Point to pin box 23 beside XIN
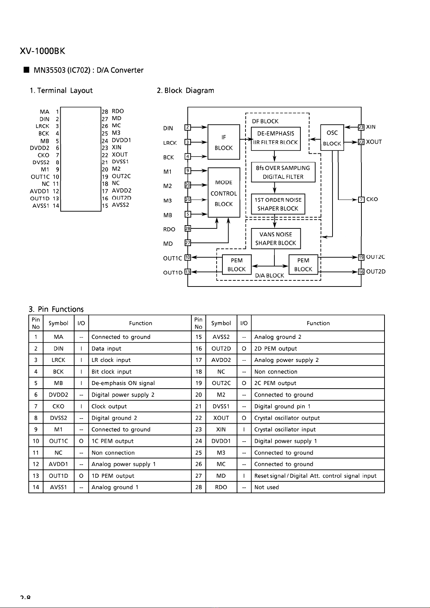pyautogui.click(x=361, y=127)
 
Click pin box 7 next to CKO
pyautogui.click(x=361, y=200)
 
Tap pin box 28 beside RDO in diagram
pyautogui.click(x=188, y=228)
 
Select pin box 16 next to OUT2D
pyautogui.click(x=361, y=272)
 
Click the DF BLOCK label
pyautogui.click(x=265, y=121)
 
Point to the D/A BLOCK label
pyautogui.click(x=269, y=276)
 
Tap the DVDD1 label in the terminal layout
pyautogui.click(x=121, y=140)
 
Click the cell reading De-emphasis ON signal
pyautogui.click(x=140, y=383)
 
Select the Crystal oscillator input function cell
pyautogui.click(x=318, y=429)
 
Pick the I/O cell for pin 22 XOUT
pyautogui.click(x=244, y=418)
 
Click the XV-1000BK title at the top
pyautogui.click(x=42, y=51)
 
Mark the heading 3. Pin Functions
pyautogui.click(x=56, y=309)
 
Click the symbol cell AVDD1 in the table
pyautogui.click(x=58, y=464)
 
